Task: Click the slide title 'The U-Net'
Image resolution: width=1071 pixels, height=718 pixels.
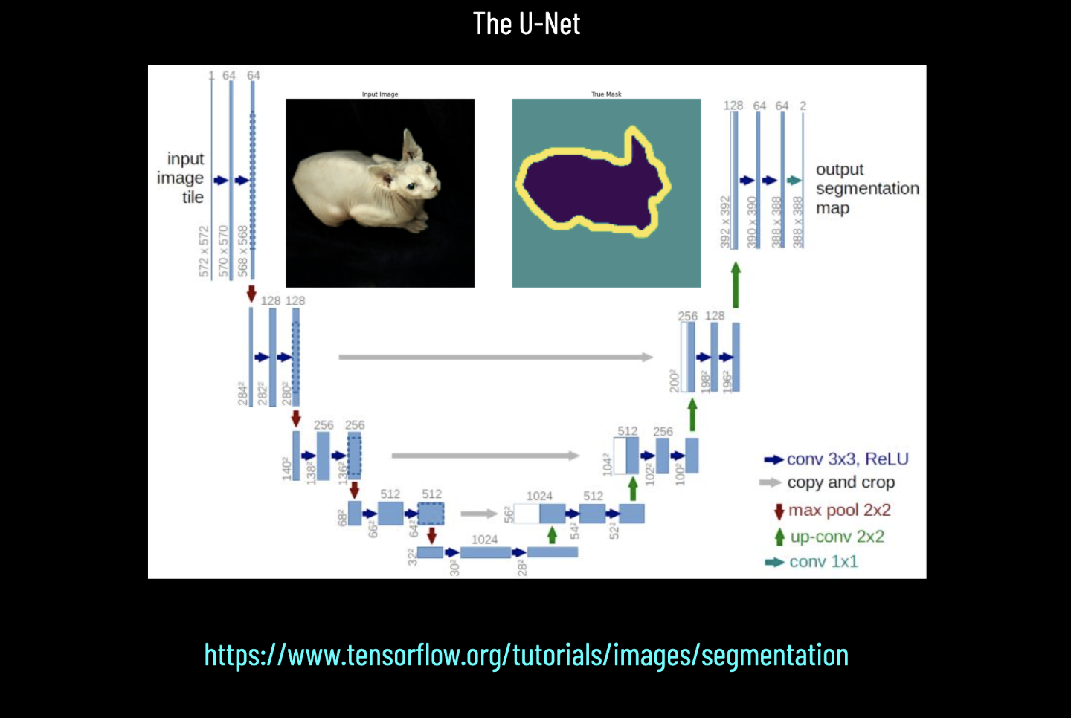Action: [527, 24]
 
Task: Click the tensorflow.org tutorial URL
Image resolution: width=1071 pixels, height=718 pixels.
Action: [527, 655]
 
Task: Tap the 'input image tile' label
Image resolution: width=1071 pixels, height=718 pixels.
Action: [181, 178]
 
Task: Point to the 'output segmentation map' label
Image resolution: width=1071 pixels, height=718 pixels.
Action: [866, 189]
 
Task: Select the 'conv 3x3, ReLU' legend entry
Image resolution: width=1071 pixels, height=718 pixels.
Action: [846, 459]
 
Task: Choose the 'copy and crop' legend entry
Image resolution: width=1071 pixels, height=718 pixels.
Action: [840, 482]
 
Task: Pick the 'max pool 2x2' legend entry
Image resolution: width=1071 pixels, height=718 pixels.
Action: [838, 511]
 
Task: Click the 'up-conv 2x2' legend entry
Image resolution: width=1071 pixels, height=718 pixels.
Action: [836, 537]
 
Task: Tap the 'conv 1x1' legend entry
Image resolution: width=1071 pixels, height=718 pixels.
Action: [823, 562]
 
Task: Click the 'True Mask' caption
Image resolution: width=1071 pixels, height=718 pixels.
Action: [606, 94]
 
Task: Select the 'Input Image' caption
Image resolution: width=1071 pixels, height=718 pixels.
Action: [380, 94]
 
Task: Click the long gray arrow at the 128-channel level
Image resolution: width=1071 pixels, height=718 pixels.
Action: [495, 358]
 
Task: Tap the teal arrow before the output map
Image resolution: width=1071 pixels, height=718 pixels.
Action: [794, 181]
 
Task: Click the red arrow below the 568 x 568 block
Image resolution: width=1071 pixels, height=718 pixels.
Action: [251, 293]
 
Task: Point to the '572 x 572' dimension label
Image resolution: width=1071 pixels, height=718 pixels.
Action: [204, 252]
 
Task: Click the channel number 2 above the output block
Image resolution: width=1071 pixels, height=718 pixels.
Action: [803, 106]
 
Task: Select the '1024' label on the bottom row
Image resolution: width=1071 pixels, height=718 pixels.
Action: [484, 540]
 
